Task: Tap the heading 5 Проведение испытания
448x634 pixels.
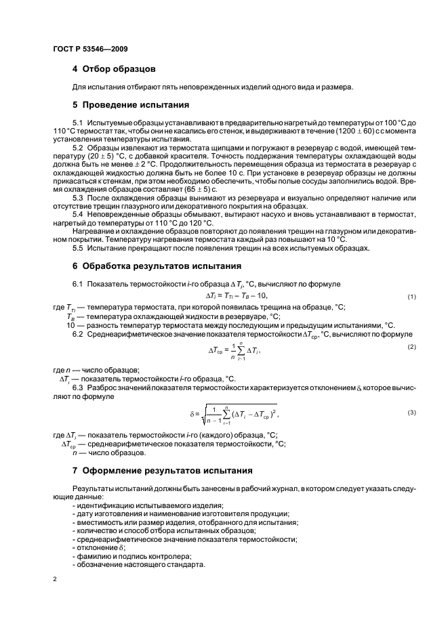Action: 130,105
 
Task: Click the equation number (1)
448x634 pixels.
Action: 411,297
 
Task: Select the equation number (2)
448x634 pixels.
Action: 411,347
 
